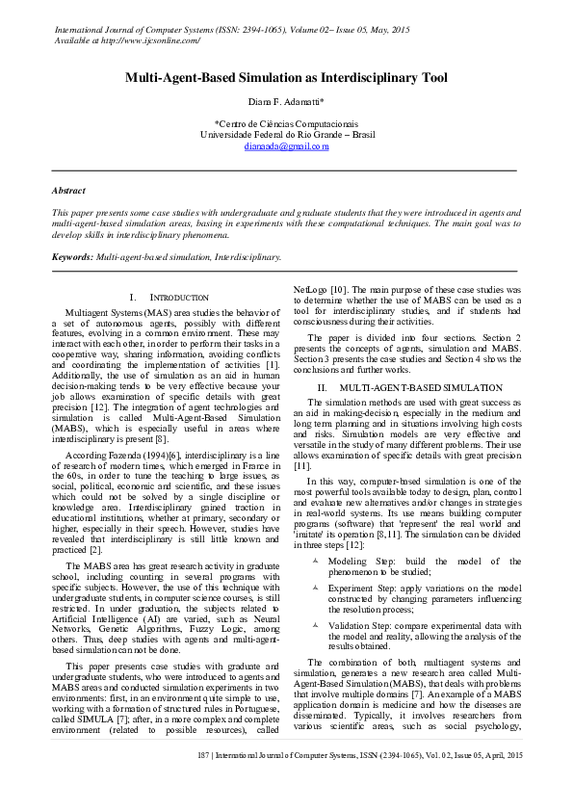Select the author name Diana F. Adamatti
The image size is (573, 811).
click(x=286, y=100)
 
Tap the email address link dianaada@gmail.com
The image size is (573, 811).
click(x=286, y=146)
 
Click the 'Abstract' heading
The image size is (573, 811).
click(x=68, y=191)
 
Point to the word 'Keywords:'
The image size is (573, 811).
click(x=72, y=257)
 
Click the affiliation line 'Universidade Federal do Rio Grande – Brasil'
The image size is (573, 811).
click(x=286, y=135)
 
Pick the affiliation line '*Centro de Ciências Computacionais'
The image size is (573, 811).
click(x=286, y=123)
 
